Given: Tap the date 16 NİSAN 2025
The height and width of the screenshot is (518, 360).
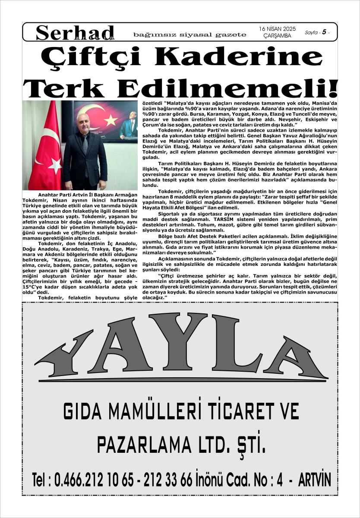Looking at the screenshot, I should pyautogui.click(x=277, y=28).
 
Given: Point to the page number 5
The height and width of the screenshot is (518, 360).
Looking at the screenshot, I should pyautogui.click(x=324, y=32).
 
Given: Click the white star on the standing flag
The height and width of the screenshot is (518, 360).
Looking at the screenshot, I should pyautogui.click(x=55, y=164).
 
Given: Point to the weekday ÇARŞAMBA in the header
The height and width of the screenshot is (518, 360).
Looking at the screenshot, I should pyautogui.click(x=277, y=36).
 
